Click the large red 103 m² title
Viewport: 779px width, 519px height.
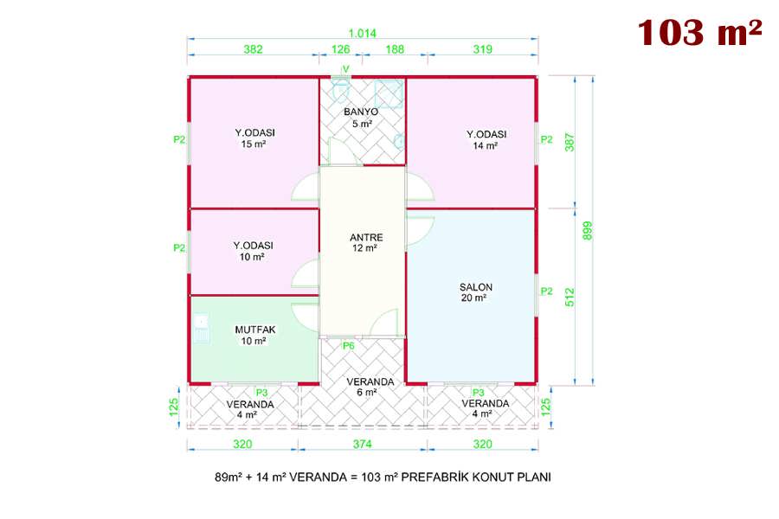699,33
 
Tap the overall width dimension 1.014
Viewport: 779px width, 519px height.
362,34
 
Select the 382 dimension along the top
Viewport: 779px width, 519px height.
253,49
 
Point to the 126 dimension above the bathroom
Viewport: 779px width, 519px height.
340,49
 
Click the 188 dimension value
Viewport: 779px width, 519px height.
395,49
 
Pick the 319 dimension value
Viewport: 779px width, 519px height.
482,49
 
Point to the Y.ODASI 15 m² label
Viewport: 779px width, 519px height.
254,138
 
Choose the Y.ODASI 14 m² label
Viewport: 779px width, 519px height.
486,139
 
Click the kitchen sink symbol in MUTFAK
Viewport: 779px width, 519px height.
201,328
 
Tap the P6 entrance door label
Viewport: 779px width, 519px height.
348,346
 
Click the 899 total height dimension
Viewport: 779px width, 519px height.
587,230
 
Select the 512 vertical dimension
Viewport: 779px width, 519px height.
570,297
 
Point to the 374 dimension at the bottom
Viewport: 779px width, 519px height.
362,444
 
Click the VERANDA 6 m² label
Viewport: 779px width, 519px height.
370,387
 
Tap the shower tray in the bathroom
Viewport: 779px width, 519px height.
388,93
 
